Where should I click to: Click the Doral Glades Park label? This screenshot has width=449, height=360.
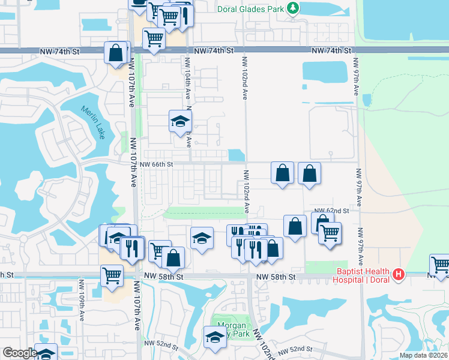(258, 8)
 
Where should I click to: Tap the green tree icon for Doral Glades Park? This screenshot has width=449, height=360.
(292, 8)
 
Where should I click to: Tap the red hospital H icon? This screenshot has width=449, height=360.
(397, 275)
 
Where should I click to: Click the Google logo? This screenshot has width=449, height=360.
(19, 353)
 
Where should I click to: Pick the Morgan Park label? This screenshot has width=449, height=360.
(232, 330)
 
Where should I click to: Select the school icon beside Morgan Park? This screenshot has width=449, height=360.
(214, 337)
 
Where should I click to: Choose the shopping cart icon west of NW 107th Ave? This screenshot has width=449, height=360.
(112, 275)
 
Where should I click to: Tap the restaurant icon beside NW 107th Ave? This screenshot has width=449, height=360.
(131, 247)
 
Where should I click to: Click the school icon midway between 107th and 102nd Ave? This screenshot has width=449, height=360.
(202, 238)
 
